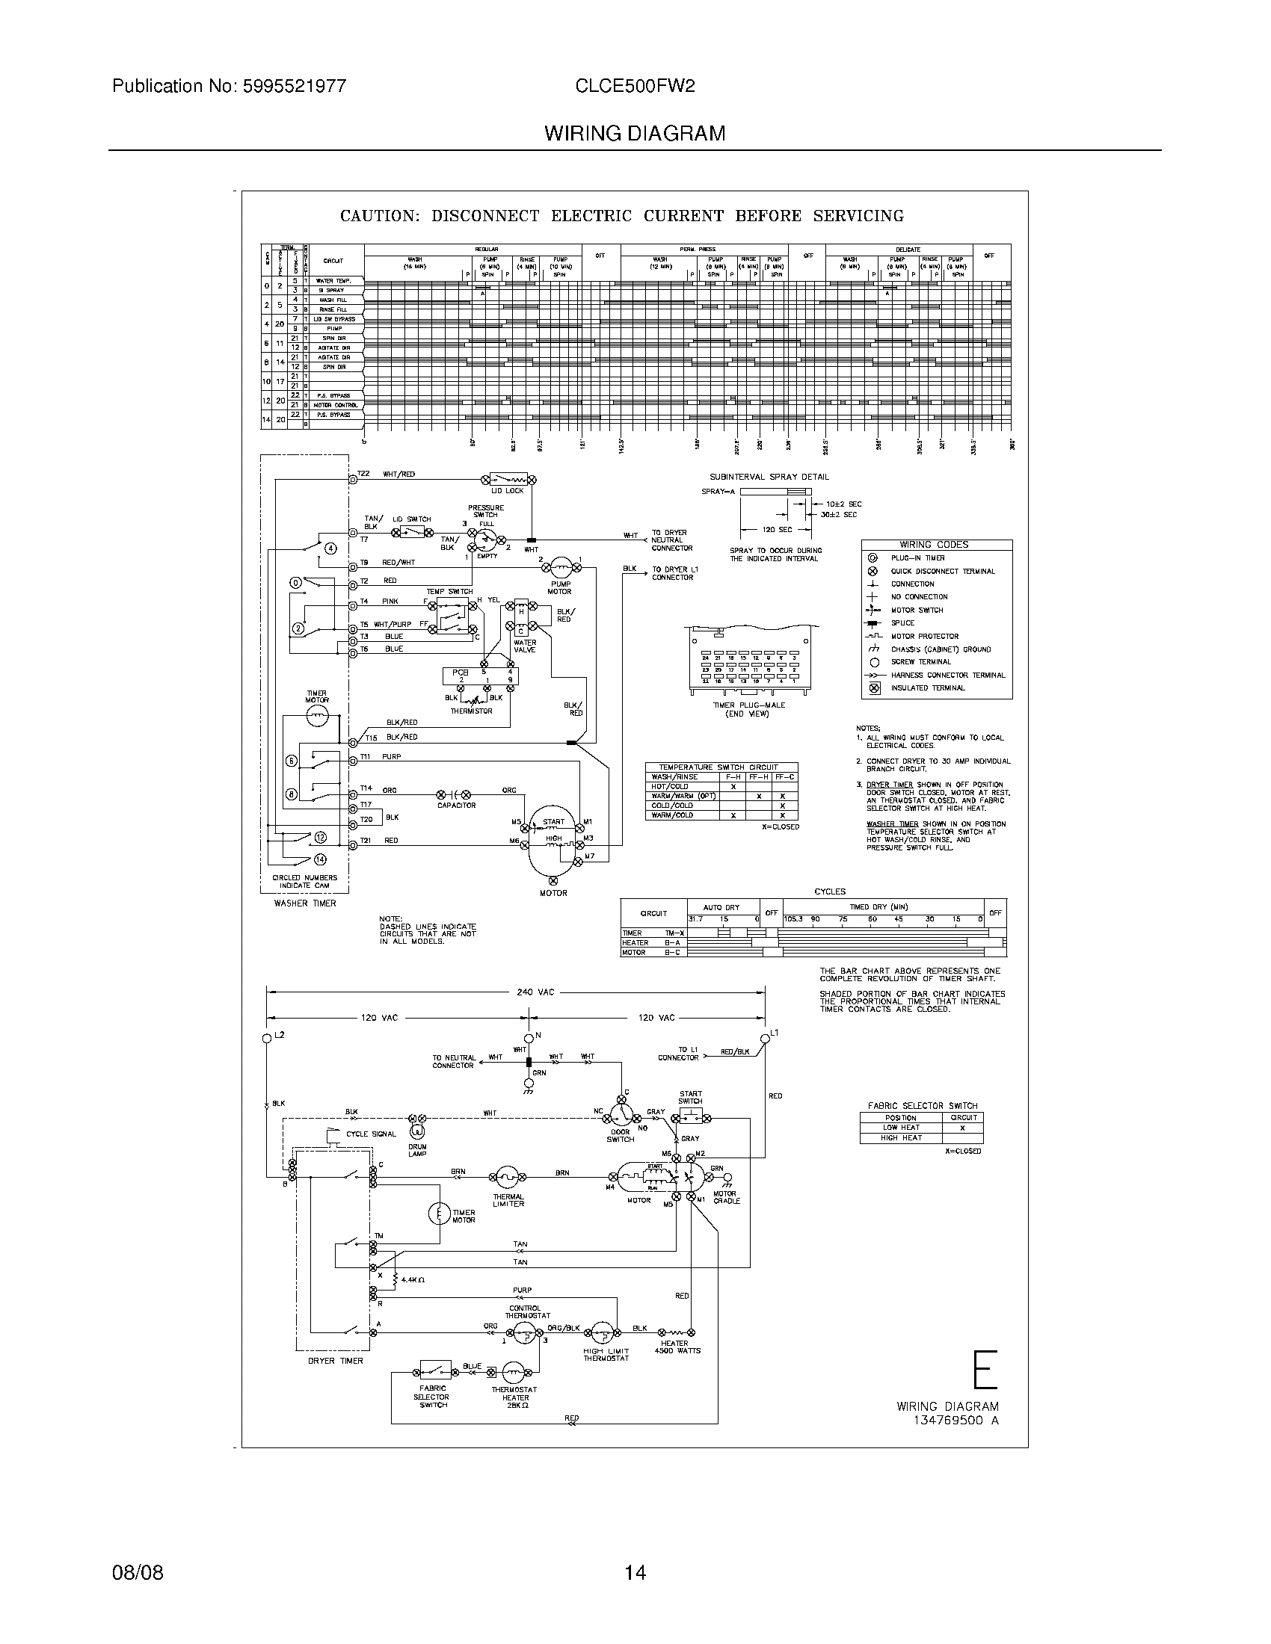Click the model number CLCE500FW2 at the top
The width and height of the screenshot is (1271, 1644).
tap(635, 86)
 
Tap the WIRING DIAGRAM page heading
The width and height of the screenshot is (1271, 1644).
tap(635, 133)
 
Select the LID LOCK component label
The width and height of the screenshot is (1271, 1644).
tap(507, 491)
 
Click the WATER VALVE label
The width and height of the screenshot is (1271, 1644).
tap(525, 646)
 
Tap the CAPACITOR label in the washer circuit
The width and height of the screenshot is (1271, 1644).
tap(456, 805)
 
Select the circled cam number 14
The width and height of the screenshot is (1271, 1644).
tap(320, 859)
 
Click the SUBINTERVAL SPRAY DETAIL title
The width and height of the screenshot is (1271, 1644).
tap(769, 477)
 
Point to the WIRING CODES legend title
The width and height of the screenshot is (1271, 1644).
tap(934, 544)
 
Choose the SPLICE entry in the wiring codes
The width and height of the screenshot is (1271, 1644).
tap(902, 623)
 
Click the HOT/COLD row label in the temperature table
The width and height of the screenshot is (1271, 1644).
tap(669, 786)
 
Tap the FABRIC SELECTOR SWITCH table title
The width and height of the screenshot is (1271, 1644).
tap(923, 1106)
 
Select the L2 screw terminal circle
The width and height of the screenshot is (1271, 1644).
tap(267, 1038)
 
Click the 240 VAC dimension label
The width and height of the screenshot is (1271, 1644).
tap(535, 992)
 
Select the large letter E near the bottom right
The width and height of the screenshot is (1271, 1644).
tap(985, 1370)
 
